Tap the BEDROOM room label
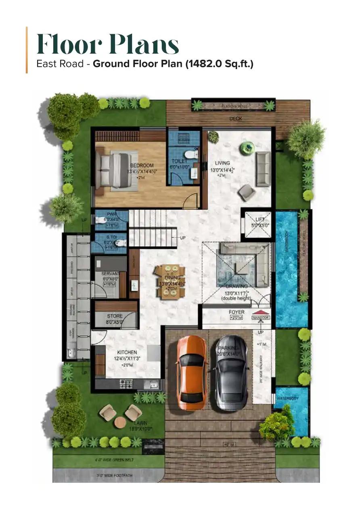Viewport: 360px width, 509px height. [x=142, y=165]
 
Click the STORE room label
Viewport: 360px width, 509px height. [x=115, y=316]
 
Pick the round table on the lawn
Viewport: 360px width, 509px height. [x=120, y=422]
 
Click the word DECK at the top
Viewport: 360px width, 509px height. [x=235, y=119]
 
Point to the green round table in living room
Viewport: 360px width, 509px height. [x=246, y=148]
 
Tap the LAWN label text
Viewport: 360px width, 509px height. [x=141, y=423]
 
